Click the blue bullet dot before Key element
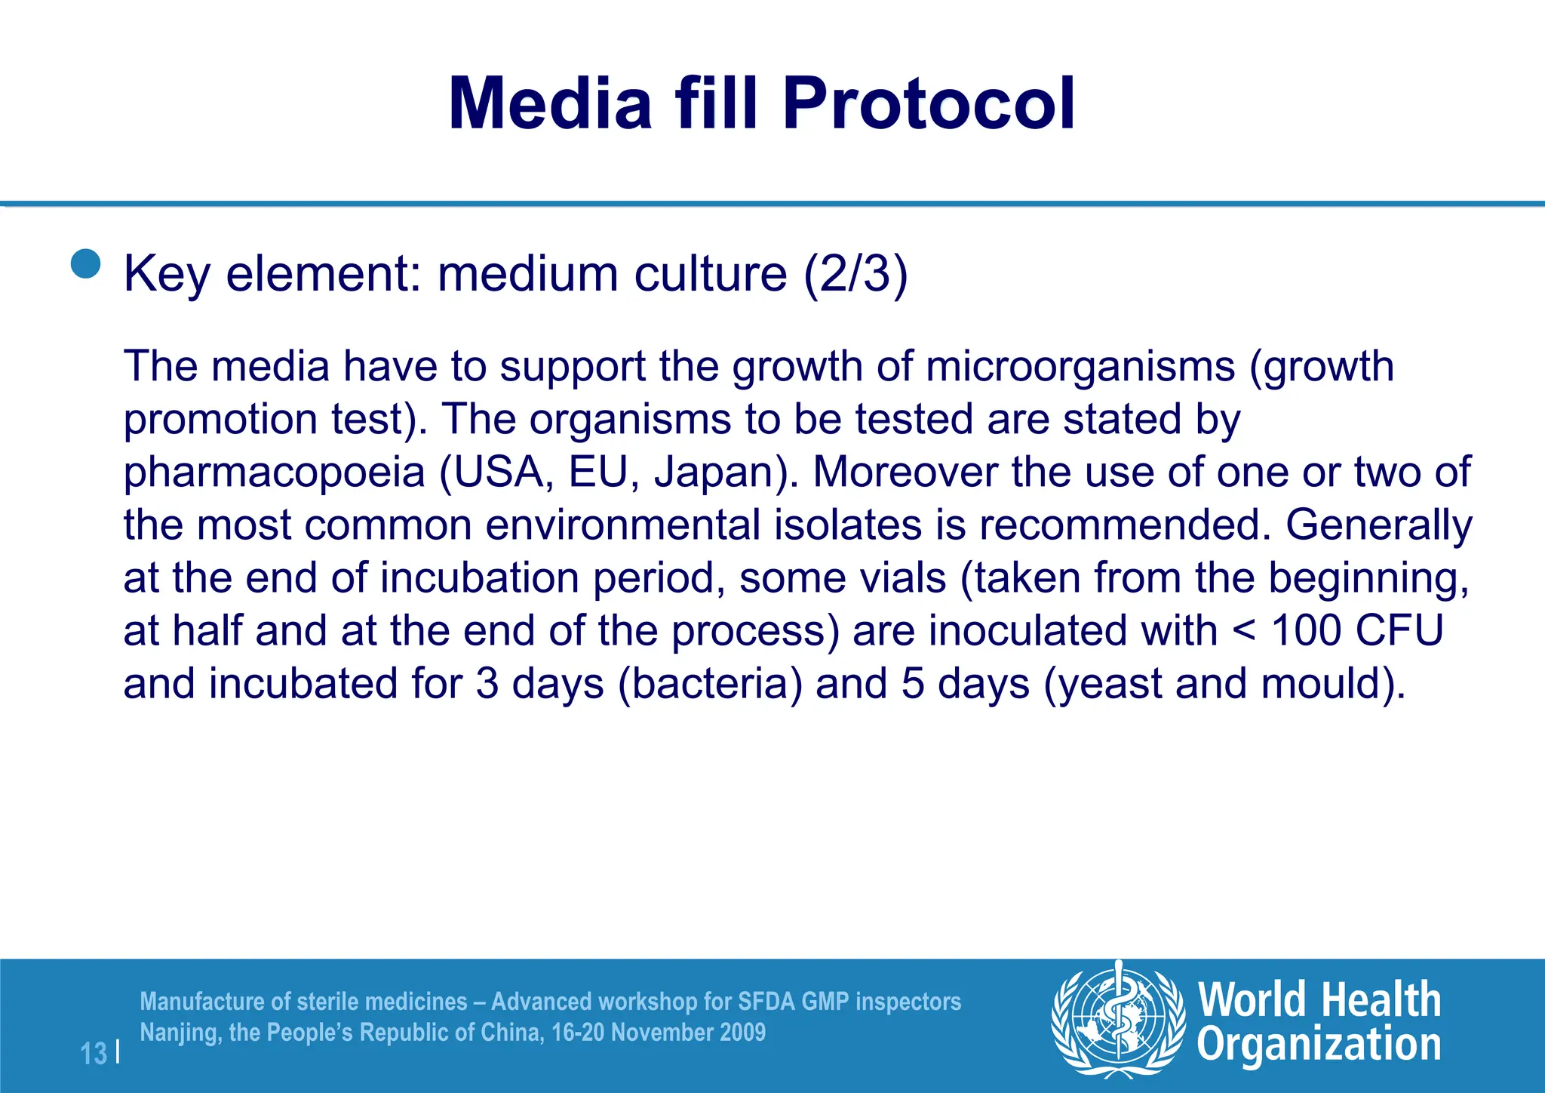pos(86,264)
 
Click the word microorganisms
pos(1080,367)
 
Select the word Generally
pos(1378,525)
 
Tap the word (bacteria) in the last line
pos(710,684)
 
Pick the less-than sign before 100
pos(1245,633)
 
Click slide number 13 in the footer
pos(94,1054)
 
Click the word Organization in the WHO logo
pos(1319,1045)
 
